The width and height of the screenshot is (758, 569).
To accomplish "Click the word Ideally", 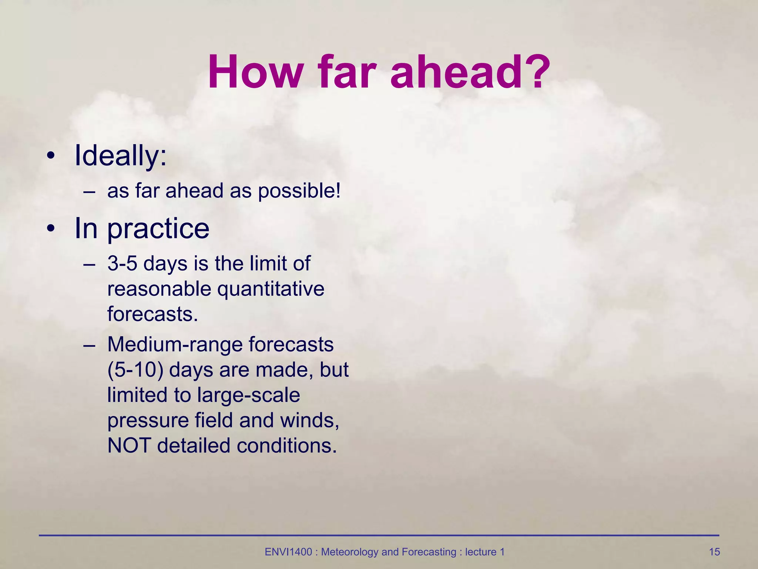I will [x=120, y=156].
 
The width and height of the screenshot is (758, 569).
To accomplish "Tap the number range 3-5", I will [x=122, y=264].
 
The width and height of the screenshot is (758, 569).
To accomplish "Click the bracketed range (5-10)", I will [x=135, y=370].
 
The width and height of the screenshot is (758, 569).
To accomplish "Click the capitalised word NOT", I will [x=129, y=445].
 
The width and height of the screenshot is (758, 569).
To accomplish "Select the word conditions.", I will [x=286, y=445].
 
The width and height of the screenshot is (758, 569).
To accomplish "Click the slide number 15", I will [x=714, y=552].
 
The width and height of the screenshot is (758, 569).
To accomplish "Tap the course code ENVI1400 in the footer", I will [x=288, y=552].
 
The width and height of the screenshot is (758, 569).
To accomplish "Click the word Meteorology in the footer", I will [x=350, y=552].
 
